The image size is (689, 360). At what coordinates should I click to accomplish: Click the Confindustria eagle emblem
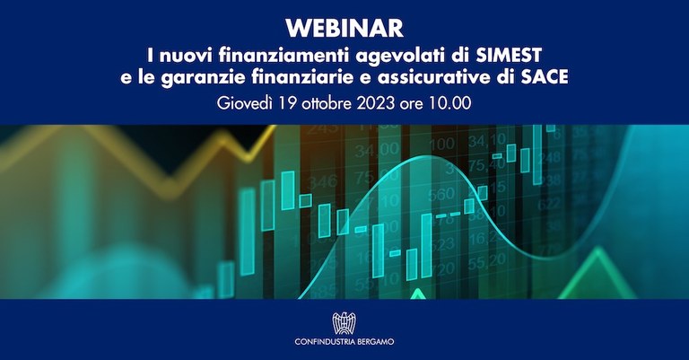coord(344,320)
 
